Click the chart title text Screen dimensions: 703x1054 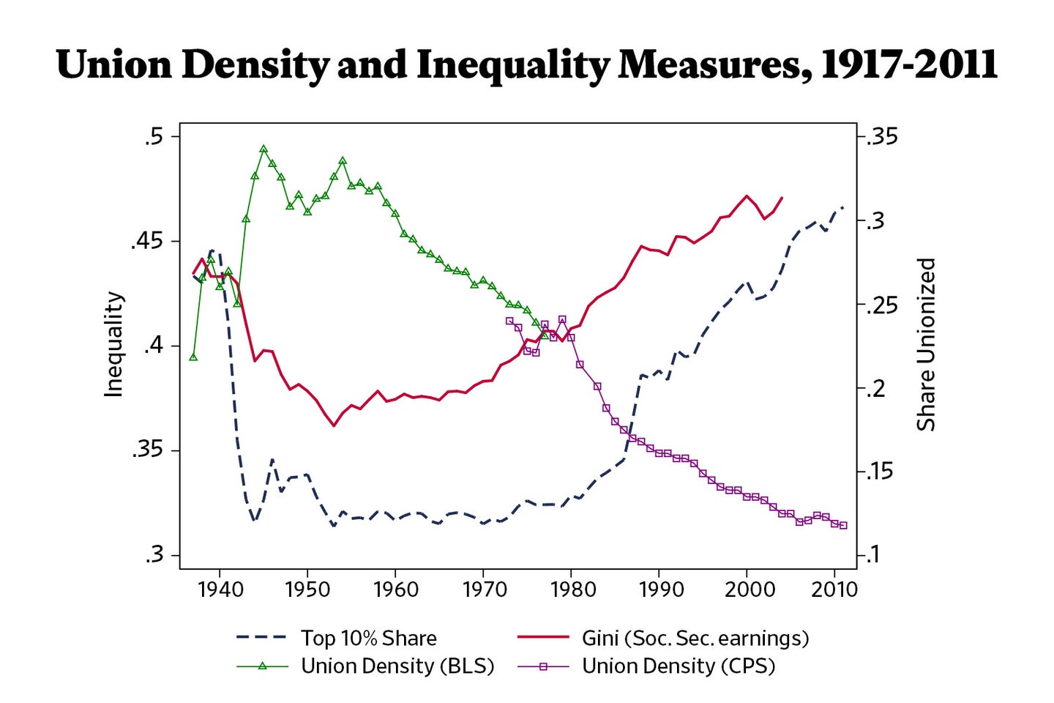(x=526, y=64)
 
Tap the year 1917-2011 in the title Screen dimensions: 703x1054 (x=908, y=64)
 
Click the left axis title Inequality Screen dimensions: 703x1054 (x=113, y=345)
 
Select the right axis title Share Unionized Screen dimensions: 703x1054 (x=927, y=344)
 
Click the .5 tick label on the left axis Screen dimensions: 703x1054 (x=154, y=137)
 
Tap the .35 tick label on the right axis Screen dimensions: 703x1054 (x=882, y=137)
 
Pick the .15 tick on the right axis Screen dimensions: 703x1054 (x=882, y=471)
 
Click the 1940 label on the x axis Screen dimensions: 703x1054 (x=220, y=589)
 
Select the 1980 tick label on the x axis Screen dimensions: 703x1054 (x=571, y=589)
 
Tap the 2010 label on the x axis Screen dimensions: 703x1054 (x=834, y=589)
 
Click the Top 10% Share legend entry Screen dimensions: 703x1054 (x=368, y=638)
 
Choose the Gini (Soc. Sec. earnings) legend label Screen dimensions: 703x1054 (x=695, y=638)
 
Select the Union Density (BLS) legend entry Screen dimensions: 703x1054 (x=397, y=666)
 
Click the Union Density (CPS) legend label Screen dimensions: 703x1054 (x=678, y=666)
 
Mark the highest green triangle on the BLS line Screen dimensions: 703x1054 (x=263, y=149)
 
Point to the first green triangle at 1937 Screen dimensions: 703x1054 (x=193, y=357)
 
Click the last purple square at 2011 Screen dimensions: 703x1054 (x=843, y=525)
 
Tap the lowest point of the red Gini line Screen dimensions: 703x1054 (x=334, y=425)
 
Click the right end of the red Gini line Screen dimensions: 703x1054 (x=782, y=198)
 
